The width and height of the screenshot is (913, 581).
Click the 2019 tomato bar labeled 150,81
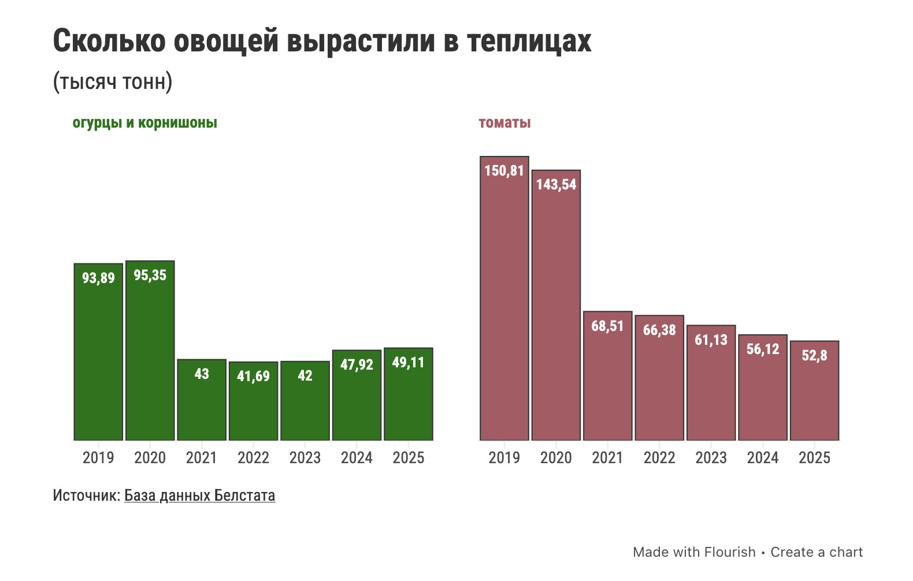pyautogui.click(x=504, y=300)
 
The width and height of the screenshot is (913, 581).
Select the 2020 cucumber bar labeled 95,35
pyautogui.click(x=150, y=352)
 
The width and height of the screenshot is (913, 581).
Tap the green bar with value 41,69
pyautogui.click(x=253, y=404)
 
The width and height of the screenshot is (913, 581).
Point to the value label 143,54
pyautogui.click(x=556, y=185)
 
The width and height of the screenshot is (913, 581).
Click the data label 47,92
pyautogui.click(x=357, y=365)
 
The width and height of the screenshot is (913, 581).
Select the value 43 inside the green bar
pyautogui.click(x=202, y=374)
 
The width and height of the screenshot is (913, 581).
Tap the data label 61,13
pyautogui.click(x=711, y=340)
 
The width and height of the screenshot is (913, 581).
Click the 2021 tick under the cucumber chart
pyautogui.click(x=202, y=458)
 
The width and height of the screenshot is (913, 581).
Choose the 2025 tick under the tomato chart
pyautogui.click(x=814, y=458)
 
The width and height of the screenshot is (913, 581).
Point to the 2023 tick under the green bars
pyautogui.click(x=305, y=458)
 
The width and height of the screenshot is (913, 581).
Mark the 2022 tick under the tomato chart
pyautogui.click(x=659, y=458)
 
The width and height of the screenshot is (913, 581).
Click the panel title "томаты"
pyautogui.click(x=504, y=123)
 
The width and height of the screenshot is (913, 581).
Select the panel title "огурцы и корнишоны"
pyautogui.click(x=145, y=123)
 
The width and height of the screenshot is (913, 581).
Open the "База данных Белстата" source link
pyautogui.click(x=199, y=496)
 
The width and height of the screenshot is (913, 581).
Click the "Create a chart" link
pyautogui.click(x=816, y=552)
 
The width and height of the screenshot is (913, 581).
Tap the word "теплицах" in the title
pyautogui.click(x=529, y=42)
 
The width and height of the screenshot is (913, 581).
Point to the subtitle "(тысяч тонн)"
pyautogui.click(x=113, y=82)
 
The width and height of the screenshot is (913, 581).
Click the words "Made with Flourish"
pyautogui.click(x=694, y=552)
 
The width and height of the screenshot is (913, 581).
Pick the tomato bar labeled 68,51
pyautogui.click(x=607, y=381)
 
